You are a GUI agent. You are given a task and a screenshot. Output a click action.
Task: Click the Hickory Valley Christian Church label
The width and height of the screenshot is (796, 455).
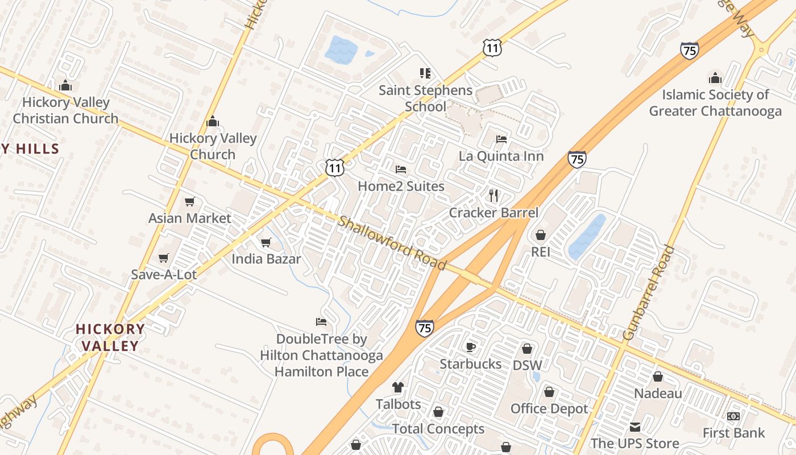65,110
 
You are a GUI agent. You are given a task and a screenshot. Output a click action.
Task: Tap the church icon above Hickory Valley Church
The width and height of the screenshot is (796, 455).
213,121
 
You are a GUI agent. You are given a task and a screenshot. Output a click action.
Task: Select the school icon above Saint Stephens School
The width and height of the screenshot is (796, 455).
425,73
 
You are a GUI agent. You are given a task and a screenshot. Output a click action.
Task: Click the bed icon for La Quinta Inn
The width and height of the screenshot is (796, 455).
501,139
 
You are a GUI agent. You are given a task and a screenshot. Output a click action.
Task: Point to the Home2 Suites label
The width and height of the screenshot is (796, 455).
401,186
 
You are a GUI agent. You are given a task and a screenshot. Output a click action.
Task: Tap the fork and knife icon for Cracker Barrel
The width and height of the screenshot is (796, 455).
494,196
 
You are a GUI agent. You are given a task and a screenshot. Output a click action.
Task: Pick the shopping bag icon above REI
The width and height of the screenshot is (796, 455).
540,235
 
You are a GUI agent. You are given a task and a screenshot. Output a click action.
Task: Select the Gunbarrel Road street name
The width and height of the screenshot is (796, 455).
648,292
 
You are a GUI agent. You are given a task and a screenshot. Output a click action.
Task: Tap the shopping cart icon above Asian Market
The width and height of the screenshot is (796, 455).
190,202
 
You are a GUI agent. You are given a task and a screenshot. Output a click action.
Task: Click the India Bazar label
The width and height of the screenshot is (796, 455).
266,259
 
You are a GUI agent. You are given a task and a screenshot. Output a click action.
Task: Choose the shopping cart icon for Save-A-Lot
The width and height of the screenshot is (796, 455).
164,258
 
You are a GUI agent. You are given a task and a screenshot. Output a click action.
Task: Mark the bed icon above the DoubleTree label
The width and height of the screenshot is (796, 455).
321,322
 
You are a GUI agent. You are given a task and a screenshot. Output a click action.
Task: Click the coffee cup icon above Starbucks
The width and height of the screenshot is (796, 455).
471,347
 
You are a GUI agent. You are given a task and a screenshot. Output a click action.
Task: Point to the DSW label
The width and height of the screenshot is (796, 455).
527,365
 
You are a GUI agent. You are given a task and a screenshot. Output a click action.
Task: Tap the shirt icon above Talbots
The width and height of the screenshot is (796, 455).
398,387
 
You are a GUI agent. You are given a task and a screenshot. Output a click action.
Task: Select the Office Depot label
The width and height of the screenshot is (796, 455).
549,408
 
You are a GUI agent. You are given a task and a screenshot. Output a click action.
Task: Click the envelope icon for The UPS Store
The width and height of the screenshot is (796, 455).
635,427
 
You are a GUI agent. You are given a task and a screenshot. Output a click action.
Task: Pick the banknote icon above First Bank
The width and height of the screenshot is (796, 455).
733,416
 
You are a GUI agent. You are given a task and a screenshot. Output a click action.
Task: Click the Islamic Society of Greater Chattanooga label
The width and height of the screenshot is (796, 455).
715,102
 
